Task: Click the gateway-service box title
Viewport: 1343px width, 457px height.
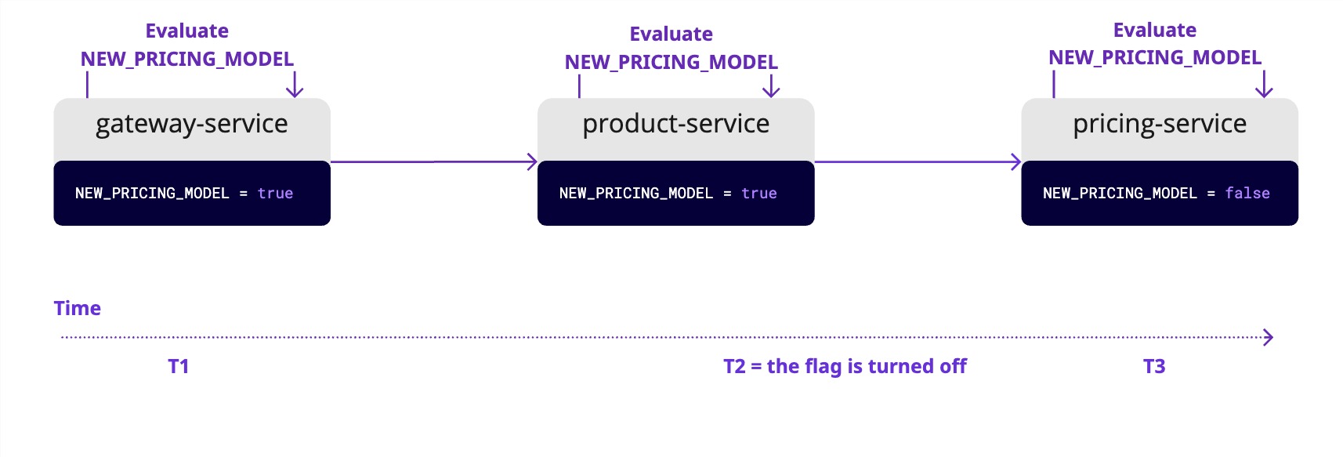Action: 192,124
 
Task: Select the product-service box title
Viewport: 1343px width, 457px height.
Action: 675,124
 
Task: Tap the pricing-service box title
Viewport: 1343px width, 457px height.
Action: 1160,124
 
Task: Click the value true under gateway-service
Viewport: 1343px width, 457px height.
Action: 275,194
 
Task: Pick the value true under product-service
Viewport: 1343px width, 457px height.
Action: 758,194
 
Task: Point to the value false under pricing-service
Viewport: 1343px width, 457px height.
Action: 1247,194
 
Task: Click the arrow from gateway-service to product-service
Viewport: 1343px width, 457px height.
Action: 433,162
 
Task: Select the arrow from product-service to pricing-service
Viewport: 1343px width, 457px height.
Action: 918,162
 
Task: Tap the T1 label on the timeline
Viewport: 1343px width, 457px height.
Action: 179,367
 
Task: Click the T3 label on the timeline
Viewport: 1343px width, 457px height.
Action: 1154,367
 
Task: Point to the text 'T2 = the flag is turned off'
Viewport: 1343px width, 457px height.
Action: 845,367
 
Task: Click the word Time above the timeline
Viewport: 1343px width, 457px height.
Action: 78,308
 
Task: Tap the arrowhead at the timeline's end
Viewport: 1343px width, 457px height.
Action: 1268,338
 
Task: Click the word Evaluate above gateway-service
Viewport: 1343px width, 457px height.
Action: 187,31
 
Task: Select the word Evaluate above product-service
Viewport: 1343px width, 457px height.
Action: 671,34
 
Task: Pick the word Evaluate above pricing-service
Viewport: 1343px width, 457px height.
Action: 1155,31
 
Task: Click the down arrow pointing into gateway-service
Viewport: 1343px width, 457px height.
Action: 295,85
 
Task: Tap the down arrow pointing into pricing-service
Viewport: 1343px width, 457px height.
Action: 1264,85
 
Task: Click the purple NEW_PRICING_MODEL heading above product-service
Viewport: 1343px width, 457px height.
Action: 671,62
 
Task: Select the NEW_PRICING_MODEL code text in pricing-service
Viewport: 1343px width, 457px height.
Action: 1120,194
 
